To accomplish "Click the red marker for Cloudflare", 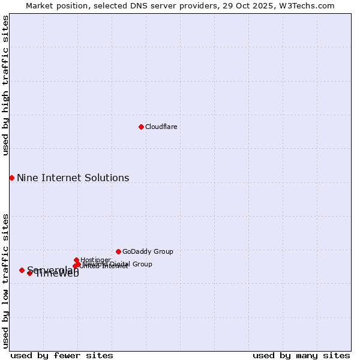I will coord(141,127).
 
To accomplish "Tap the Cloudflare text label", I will coord(161,127).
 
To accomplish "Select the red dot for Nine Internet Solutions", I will coord(11,178).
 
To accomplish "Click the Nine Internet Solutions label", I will coord(73,178).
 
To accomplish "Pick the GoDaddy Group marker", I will coord(118,251).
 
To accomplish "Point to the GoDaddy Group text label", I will coord(148,251).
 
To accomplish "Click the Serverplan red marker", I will coord(22,270).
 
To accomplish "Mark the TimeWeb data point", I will coord(29,273).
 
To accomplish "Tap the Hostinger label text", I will coord(95,260).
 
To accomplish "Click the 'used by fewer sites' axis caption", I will coord(62,355).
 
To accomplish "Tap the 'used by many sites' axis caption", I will coord(301,355).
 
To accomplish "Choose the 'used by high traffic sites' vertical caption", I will coord(5,85).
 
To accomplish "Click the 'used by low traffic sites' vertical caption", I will coord(5,280).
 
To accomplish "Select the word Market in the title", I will coord(40,5).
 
